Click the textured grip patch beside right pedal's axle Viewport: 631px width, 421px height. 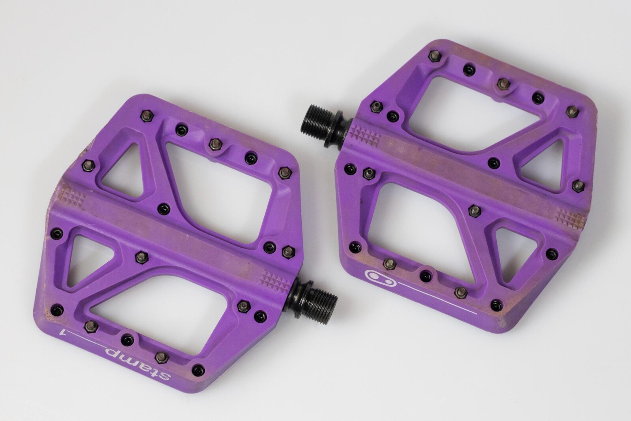tap(366, 135)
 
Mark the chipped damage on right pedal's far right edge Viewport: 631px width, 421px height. tap(597, 115)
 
